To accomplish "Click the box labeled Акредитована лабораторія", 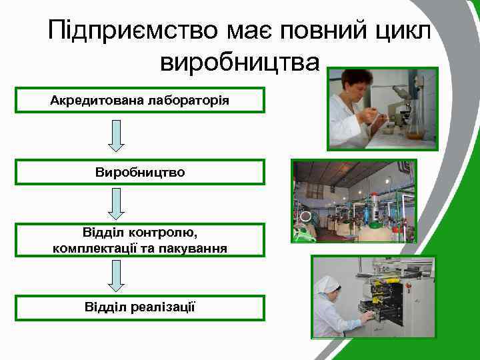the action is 140,100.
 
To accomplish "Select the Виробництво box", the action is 140,172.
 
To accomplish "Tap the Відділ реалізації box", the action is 140,307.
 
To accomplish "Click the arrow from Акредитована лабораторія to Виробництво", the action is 116,135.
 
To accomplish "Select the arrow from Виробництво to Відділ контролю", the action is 116,204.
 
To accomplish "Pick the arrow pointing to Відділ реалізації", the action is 116,275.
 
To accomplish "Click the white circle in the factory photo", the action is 305,217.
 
